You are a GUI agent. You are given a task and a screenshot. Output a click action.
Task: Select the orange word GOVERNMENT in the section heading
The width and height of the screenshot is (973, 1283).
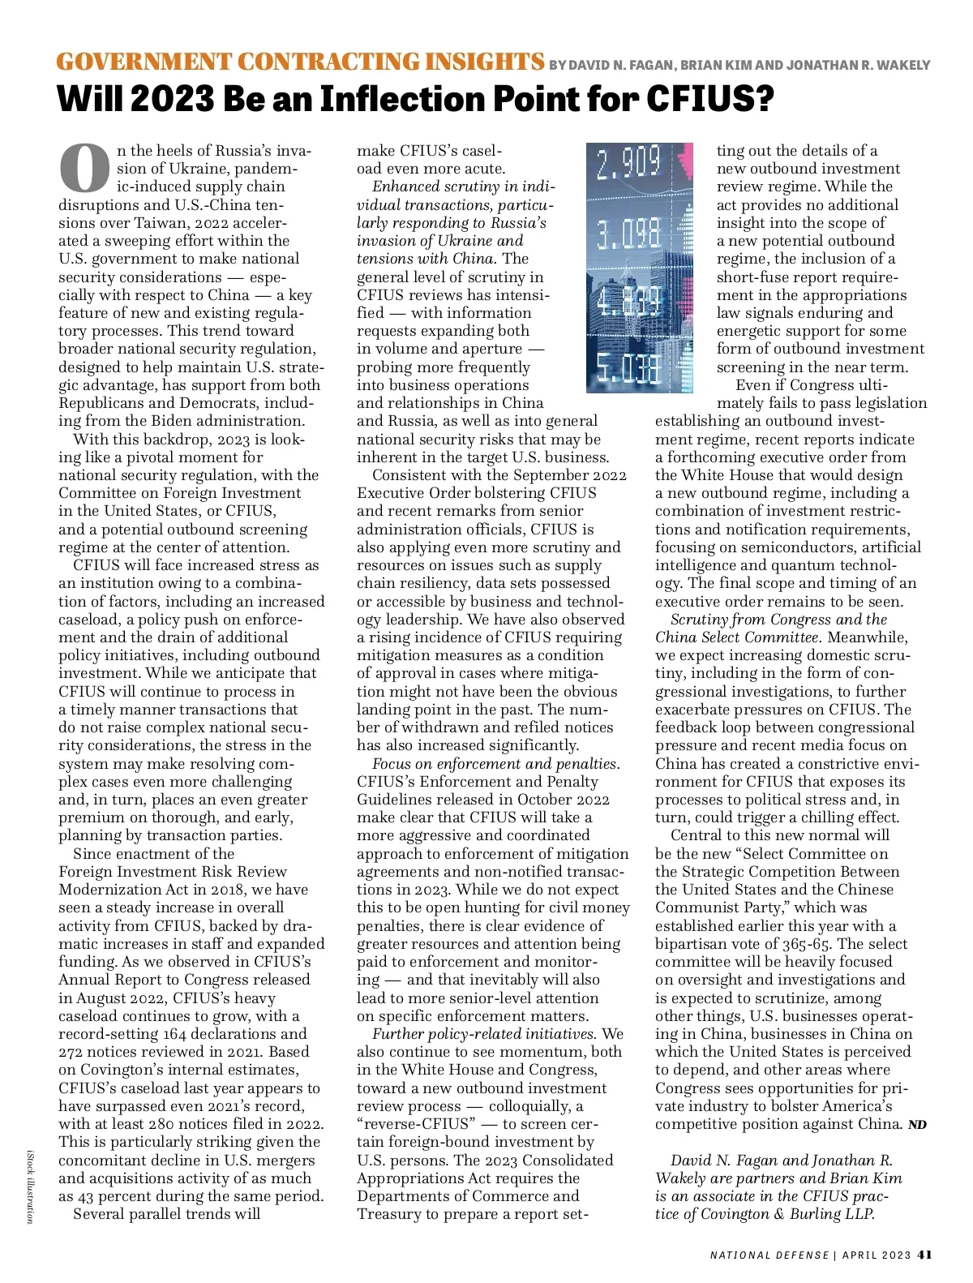pyautogui.click(x=143, y=62)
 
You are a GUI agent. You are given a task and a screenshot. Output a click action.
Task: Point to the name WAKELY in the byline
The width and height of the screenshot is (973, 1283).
pyautogui.click(x=902, y=65)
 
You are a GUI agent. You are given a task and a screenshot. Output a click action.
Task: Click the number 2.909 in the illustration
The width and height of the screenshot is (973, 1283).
pyautogui.click(x=628, y=165)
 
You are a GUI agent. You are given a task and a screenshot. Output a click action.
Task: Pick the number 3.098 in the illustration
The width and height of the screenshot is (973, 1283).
pyautogui.click(x=628, y=235)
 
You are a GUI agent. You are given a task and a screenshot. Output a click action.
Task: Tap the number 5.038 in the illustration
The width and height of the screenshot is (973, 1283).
pyautogui.click(x=628, y=370)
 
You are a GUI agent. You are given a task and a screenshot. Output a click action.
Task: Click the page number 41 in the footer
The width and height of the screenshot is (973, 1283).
pyautogui.click(x=924, y=1255)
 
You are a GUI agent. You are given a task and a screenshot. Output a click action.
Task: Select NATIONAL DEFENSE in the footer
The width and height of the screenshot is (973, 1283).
pyautogui.click(x=769, y=1255)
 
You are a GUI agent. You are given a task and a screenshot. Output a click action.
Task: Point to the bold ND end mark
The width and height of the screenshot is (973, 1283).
pyautogui.click(x=917, y=1125)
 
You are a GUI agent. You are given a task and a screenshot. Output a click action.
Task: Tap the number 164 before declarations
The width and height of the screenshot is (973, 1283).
pyautogui.click(x=175, y=1034)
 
